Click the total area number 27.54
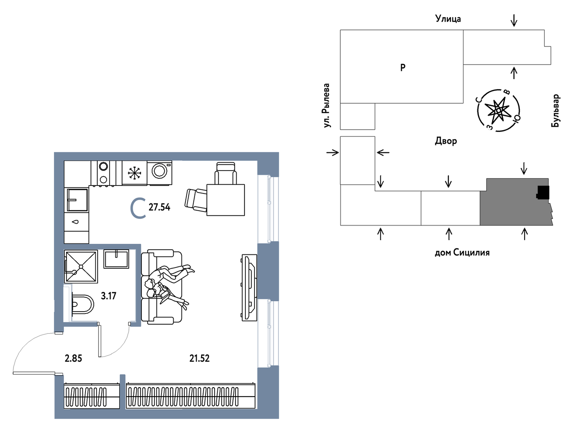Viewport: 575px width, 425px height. click(159, 208)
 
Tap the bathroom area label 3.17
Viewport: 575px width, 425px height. click(108, 296)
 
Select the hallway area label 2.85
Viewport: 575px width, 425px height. click(73, 358)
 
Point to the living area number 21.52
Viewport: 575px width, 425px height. click(199, 358)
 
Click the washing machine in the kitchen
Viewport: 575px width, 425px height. click(160, 173)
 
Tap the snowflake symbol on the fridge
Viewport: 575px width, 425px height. click(134, 173)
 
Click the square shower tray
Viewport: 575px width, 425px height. click(81, 266)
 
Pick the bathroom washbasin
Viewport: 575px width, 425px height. click(116, 259)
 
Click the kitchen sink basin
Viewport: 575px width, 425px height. click(77, 200)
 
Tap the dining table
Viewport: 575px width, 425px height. click(226, 200)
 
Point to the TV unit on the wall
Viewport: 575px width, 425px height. click(249, 288)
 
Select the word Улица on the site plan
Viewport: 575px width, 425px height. click(448, 19)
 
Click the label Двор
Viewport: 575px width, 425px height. click(446, 141)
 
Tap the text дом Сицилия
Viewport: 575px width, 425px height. click(462, 252)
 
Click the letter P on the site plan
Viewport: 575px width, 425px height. click(402, 67)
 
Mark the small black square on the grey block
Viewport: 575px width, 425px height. click(543, 193)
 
